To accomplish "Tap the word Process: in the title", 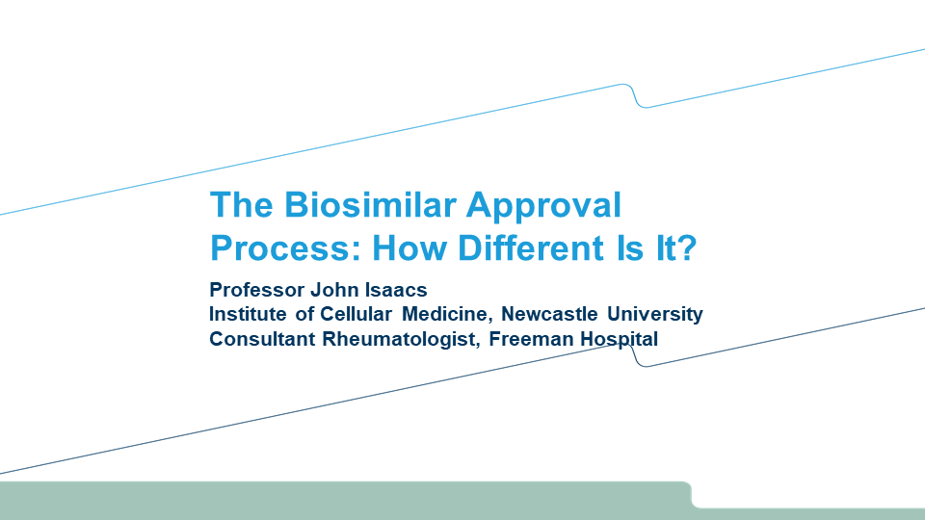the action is point(285,247).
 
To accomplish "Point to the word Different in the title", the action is point(531,247).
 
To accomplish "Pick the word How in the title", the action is point(410,247).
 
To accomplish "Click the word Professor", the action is point(256,290).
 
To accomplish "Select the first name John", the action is point(334,290).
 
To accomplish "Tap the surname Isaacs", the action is point(396,290).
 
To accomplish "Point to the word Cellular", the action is point(356,314).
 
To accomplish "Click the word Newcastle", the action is point(549,314).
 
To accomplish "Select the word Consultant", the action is point(262,339).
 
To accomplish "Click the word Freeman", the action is point(531,339).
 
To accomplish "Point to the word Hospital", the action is point(619,340).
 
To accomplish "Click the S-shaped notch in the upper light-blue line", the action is point(634,95).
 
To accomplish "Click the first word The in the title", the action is point(242,204).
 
